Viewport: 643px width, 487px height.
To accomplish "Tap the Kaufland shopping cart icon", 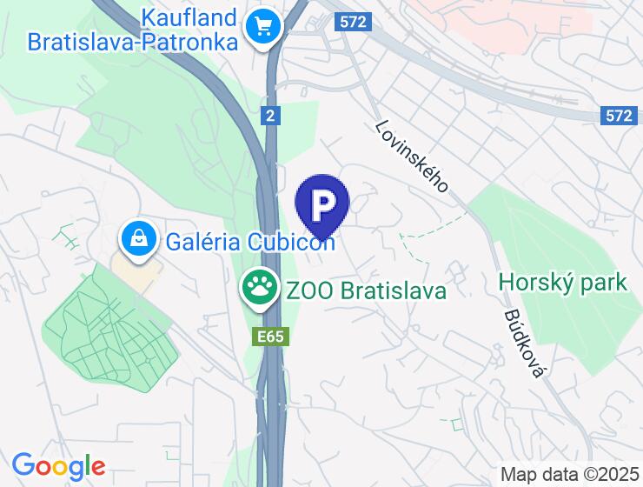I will (x=261, y=26).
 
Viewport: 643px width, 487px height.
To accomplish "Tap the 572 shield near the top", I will (x=354, y=23).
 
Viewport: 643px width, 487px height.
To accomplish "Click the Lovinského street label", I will (x=412, y=156).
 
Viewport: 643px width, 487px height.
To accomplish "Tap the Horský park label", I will (x=563, y=283).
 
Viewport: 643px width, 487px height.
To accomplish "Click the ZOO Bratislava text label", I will (x=365, y=290).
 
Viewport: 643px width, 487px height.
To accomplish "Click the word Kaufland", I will (x=190, y=17).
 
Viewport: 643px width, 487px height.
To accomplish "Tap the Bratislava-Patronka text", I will (x=132, y=42).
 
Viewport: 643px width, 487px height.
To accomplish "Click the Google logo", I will (x=58, y=467).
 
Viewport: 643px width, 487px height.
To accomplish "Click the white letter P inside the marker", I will (x=322, y=204).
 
